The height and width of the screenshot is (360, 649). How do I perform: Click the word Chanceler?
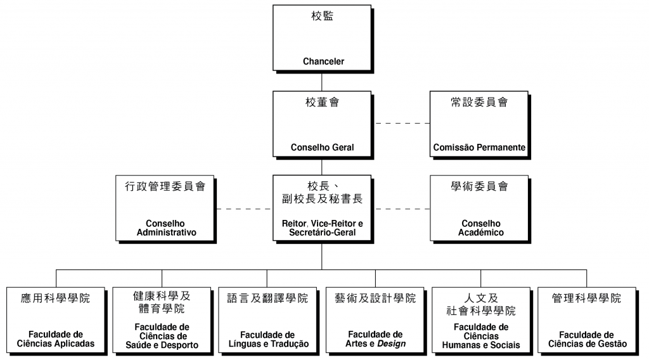323,61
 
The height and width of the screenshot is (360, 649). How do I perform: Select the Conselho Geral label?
322,147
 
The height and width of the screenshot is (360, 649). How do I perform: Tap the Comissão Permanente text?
479,147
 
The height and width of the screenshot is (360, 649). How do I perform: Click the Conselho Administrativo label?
166,228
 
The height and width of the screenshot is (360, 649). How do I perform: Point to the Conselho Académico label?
480,228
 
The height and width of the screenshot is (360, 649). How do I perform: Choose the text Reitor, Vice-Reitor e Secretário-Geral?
322,228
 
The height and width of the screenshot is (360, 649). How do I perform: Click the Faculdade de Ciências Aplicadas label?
56,339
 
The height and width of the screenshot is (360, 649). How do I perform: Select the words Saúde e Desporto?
162,345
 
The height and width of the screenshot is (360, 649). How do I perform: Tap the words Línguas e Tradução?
268,344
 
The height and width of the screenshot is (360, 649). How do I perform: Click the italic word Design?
391,344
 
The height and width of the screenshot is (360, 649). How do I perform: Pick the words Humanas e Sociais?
480,345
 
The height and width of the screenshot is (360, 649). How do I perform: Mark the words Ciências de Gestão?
587,344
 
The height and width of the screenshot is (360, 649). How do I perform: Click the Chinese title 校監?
322,16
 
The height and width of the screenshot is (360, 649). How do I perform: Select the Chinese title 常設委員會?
479,102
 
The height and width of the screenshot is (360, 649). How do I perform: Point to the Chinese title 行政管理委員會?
165,186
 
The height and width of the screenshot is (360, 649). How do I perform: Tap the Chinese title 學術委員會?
479,186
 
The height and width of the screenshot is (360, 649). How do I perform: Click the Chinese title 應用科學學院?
56,299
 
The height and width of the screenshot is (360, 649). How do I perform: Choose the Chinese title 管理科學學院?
586,299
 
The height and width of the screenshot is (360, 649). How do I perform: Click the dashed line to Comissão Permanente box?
402,124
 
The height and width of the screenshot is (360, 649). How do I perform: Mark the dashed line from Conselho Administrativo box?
244,209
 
